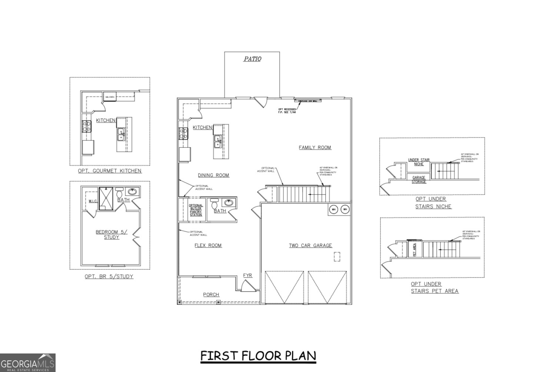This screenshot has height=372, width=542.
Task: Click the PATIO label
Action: (x=252, y=59)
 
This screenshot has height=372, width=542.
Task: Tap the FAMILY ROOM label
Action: (x=315, y=147)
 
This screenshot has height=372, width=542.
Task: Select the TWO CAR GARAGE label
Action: (x=310, y=245)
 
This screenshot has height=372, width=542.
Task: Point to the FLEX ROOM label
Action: (x=208, y=245)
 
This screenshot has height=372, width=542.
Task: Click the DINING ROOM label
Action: (x=213, y=175)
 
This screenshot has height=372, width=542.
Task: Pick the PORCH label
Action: (x=211, y=295)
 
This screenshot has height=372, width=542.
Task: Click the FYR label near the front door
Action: (x=247, y=275)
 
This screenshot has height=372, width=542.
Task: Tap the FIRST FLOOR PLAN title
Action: (x=258, y=356)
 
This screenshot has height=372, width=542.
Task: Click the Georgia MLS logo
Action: (x=28, y=362)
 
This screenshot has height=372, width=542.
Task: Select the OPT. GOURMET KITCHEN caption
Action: (x=110, y=171)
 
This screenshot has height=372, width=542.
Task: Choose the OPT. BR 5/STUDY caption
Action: (x=109, y=276)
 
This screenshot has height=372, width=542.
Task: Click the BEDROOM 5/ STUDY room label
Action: (x=112, y=235)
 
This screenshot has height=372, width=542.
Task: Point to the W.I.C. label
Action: (x=93, y=201)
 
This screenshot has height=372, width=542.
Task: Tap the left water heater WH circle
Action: (x=333, y=209)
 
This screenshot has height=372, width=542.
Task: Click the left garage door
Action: (x=284, y=287)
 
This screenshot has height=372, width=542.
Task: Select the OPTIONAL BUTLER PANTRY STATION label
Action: (x=196, y=210)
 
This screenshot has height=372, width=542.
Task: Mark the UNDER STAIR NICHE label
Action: (x=419, y=162)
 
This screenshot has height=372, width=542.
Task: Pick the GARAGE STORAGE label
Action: (x=419, y=180)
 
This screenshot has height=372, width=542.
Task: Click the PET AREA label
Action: (x=415, y=249)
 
